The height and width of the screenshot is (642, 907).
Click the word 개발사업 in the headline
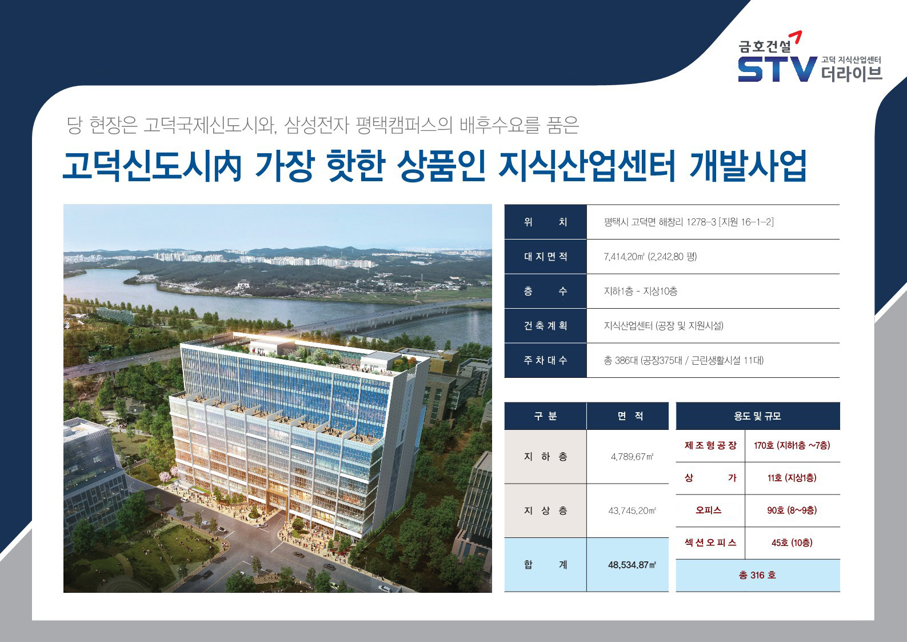748,166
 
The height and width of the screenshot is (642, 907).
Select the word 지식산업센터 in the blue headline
587,166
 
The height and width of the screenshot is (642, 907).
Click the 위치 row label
545,222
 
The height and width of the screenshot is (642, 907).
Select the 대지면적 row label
545,256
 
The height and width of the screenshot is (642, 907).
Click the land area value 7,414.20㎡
623,256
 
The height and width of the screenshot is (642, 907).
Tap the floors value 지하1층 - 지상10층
641,291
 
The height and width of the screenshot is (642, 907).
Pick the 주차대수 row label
545,360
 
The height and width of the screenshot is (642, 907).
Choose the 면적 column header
630,416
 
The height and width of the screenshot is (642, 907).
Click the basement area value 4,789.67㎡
632,457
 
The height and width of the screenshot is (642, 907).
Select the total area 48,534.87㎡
632,565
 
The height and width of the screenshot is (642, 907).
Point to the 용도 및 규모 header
758,416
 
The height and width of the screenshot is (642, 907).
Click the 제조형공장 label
710,445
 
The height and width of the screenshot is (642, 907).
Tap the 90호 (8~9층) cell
792,511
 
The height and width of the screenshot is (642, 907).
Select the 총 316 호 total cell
758,575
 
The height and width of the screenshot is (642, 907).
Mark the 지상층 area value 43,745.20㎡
632,511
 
